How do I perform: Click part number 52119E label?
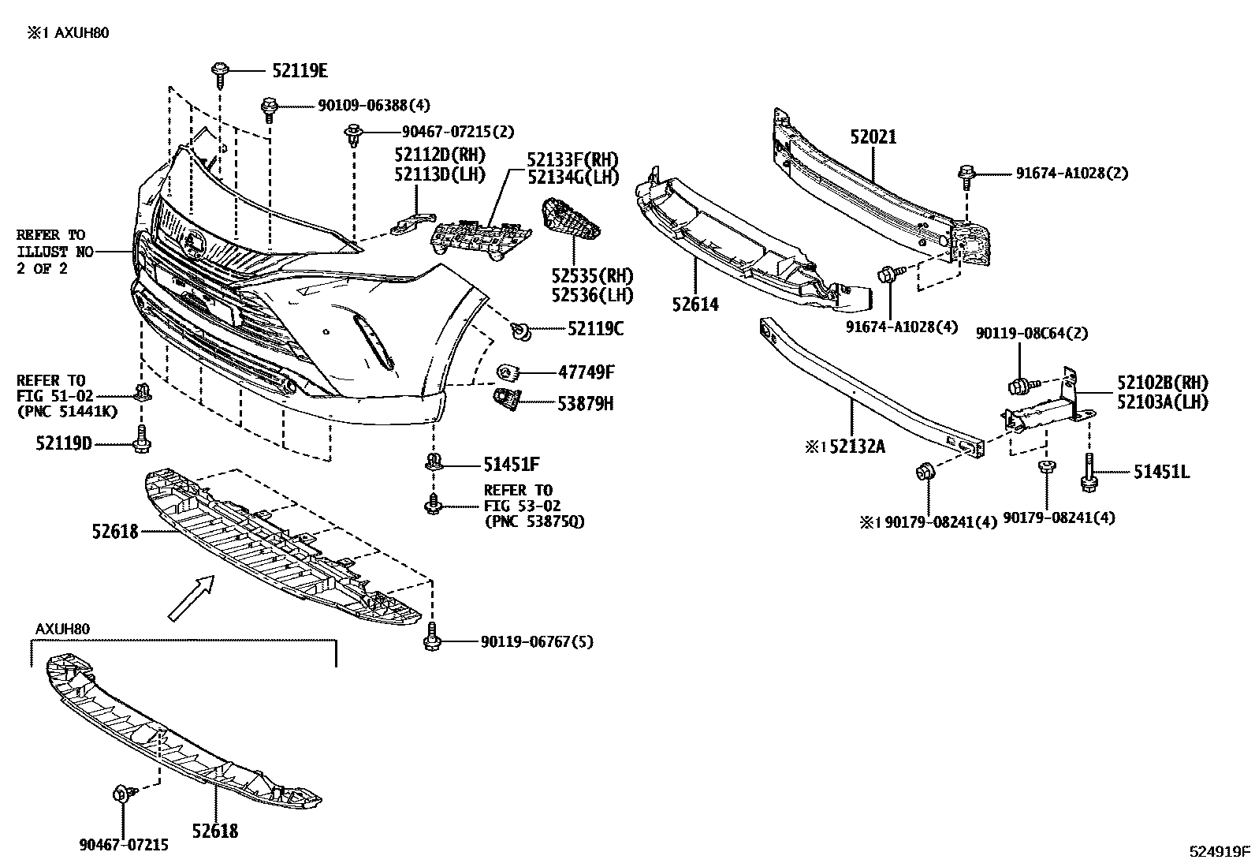[300, 71]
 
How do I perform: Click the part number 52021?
[873, 137]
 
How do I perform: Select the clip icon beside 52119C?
[520, 331]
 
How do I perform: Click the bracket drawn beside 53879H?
[505, 399]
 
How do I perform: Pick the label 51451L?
[1161, 473]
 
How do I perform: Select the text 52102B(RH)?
[1161, 383]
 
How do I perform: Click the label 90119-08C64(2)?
[1031, 334]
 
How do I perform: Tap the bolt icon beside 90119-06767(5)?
[431, 637]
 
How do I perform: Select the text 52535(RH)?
[592, 276]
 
